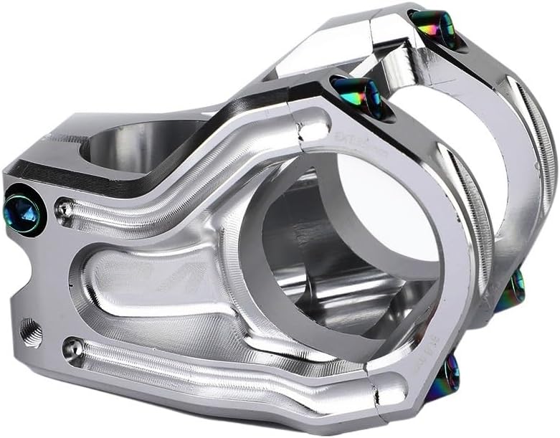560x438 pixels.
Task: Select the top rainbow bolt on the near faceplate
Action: pyautogui.click(x=356, y=95)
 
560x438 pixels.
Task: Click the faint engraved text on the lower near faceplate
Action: pyautogui.click(x=428, y=338)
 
